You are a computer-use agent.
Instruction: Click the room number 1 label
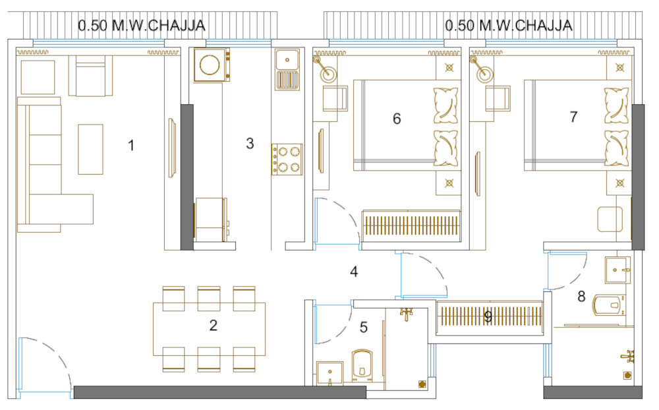tap(131, 145)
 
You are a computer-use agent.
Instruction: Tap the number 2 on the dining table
tap(214, 325)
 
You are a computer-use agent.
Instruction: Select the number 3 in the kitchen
tap(250, 143)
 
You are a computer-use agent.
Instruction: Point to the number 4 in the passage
tap(354, 271)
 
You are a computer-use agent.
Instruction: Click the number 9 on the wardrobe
tap(488, 317)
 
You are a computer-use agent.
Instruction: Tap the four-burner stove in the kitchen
tap(287, 159)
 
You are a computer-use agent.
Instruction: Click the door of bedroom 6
tap(343, 221)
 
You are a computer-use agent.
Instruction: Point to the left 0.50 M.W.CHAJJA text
tap(142, 26)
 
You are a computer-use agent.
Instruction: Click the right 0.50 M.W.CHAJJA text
tap(508, 26)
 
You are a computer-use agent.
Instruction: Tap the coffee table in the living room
tap(90, 149)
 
